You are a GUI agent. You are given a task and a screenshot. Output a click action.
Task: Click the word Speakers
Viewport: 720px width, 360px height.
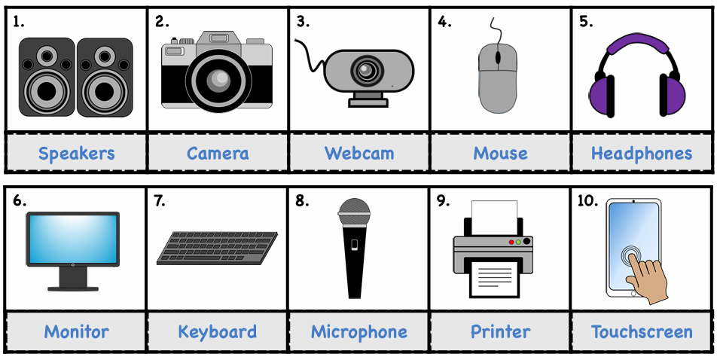[76, 154]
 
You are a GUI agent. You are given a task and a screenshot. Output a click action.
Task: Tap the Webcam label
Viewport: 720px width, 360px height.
[359, 153]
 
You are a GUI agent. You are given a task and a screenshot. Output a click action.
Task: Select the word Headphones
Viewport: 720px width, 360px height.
[642, 154]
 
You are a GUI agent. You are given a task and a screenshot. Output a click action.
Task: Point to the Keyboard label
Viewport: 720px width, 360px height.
[217, 332]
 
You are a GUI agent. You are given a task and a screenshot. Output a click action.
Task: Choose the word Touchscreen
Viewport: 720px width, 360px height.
[642, 331]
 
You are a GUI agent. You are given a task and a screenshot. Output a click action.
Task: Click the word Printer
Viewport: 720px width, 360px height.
[501, 331]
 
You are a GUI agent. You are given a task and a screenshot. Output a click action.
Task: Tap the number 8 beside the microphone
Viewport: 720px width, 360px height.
[302, 202]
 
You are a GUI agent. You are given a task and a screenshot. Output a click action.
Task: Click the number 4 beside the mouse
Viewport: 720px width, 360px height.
[444, 22]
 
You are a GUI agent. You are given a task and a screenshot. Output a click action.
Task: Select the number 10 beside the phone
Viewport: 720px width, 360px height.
[587, 202]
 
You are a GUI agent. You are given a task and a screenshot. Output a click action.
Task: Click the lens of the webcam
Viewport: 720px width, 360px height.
[367, 70]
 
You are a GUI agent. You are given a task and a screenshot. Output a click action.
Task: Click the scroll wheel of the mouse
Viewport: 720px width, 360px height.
[498, 57]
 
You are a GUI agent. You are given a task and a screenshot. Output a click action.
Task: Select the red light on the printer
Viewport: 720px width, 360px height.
[511, 242]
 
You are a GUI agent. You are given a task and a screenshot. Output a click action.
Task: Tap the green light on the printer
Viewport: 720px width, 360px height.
[518, 242]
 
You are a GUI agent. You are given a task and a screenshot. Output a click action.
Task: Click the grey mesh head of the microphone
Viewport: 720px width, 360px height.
[354, 209]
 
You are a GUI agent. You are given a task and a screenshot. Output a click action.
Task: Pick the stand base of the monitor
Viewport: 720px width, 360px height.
[73, 288]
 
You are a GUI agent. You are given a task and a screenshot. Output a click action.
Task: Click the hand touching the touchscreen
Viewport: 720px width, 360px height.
[648, 278]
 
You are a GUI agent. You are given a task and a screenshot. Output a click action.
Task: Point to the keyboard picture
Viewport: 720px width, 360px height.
[217, 249]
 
